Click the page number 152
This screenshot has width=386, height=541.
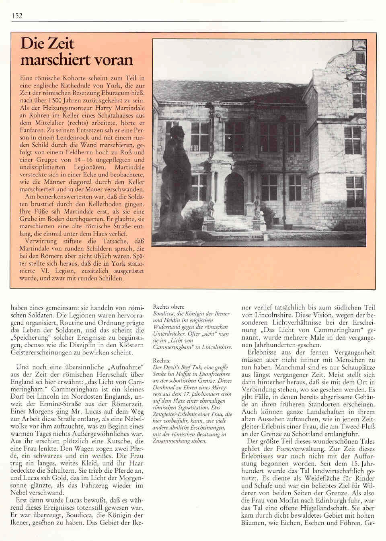point(17,16)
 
